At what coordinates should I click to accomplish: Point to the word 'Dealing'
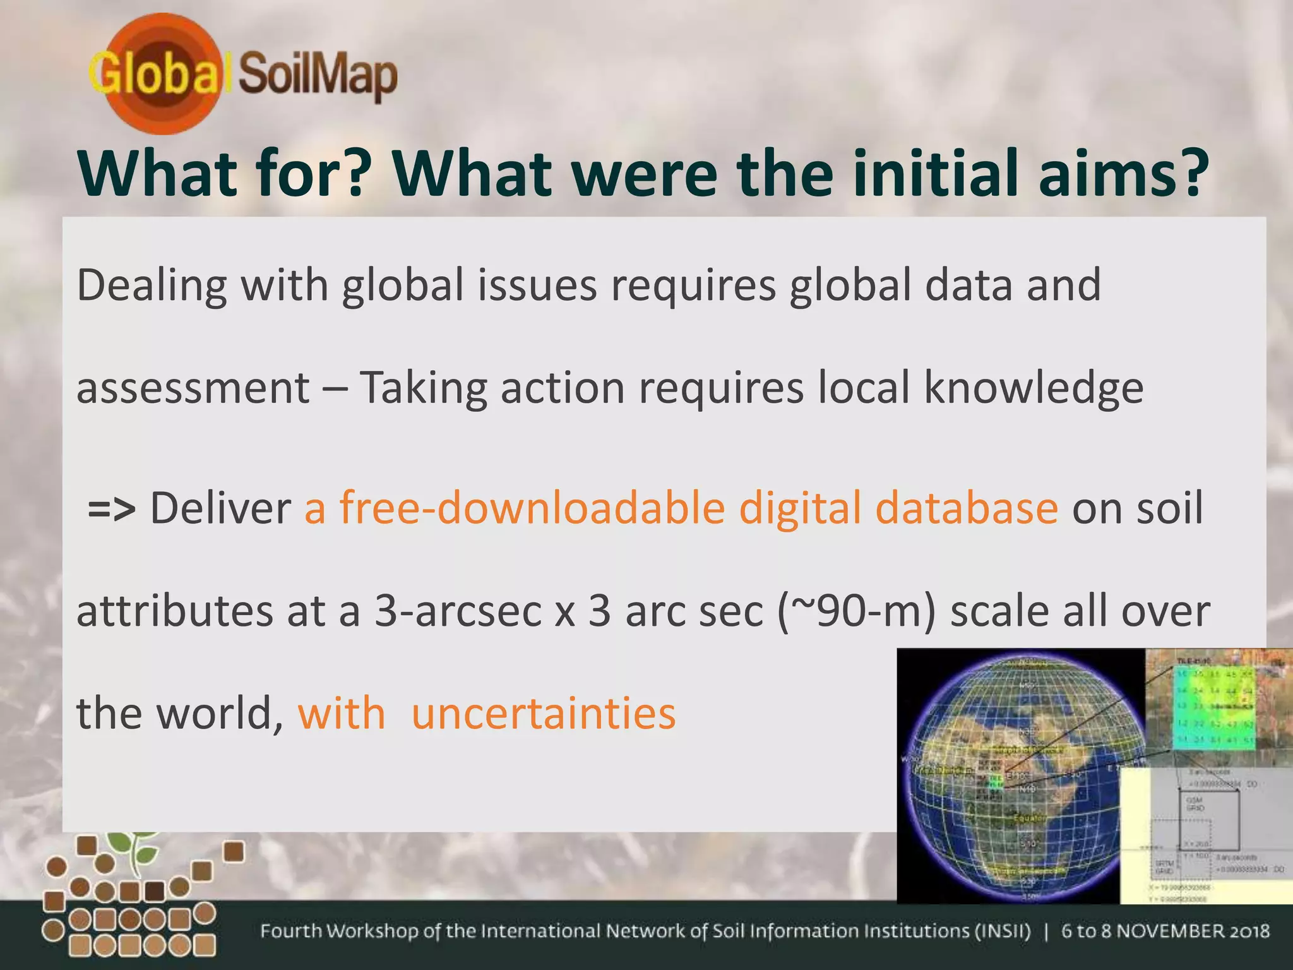point(152,285)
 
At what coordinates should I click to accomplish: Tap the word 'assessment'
point(193,388)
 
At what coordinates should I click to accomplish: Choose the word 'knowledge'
point(1034,388)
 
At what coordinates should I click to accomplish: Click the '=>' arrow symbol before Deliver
point(112,509)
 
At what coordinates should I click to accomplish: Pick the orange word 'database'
point(967,508)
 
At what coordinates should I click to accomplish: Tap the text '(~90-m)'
point(856,611)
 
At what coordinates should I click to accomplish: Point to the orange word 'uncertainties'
point(544,714)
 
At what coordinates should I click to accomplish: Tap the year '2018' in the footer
point(1248,931)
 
